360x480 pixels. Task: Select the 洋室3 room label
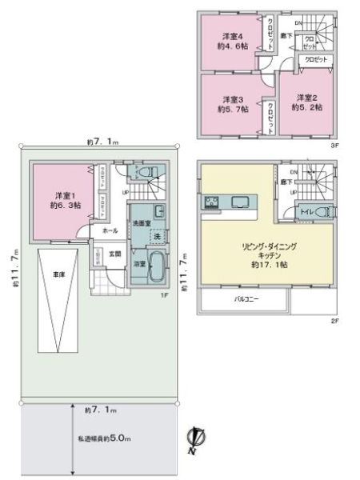(x=231, y=104)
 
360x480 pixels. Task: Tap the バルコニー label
(x=245, y=301)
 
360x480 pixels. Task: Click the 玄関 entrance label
(x=115, y=254)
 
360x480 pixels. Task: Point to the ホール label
(x=109, y=230)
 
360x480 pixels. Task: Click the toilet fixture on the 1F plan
(x=146, y=171)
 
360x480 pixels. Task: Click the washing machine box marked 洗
(x=157, y=238)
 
